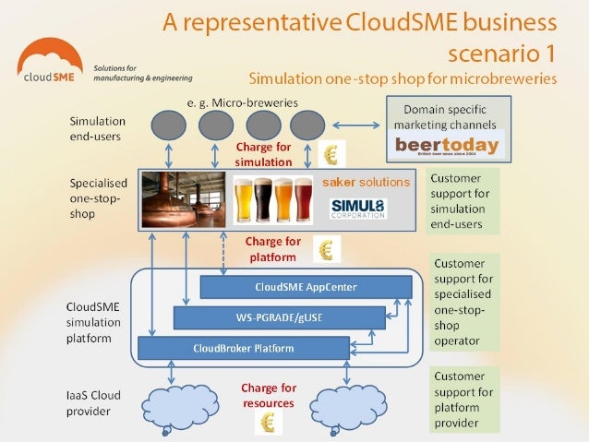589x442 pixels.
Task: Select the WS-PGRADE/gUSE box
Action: click(x=279, y=317)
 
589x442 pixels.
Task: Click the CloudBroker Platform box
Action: click(x=244, y=348)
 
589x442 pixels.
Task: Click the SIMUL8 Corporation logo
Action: click(x=358, y=209)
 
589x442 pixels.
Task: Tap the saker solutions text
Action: click(x=366, y=182)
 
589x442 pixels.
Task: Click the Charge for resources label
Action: click(x=269, y=395)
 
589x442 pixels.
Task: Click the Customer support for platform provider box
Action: click(x=465, y=400)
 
